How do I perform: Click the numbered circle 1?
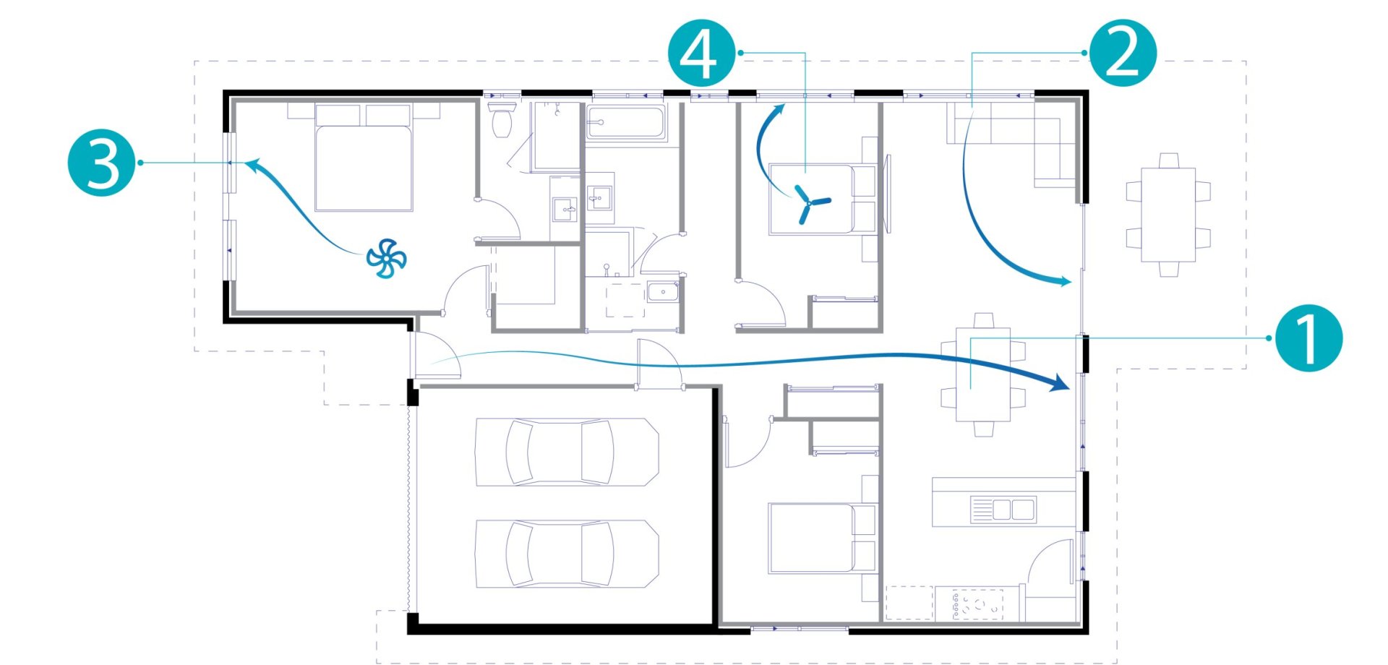click(x=1308, y=338)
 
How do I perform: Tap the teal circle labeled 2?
click(x=1123, y=53)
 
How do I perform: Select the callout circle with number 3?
click(x=102, y=163)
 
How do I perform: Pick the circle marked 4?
click(x=701, y=53)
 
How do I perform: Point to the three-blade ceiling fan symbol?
click(x=810, y=203)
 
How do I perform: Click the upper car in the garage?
click(x=566, y=452)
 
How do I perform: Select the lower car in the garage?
click(x=566, y=554)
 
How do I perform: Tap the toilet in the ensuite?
click(x=502, y=119)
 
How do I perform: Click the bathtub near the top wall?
click(x=625, y=122)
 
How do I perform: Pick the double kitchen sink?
click(x=1003, y=510)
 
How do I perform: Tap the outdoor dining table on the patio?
click(x=1168, y=215)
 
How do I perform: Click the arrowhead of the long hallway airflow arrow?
click(x=1059, y=382)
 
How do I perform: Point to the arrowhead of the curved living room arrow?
click(x=1062, y=281)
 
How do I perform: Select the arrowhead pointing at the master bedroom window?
click(x=253, y=166)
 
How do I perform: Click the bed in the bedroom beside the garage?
click(x=823, y=539)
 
